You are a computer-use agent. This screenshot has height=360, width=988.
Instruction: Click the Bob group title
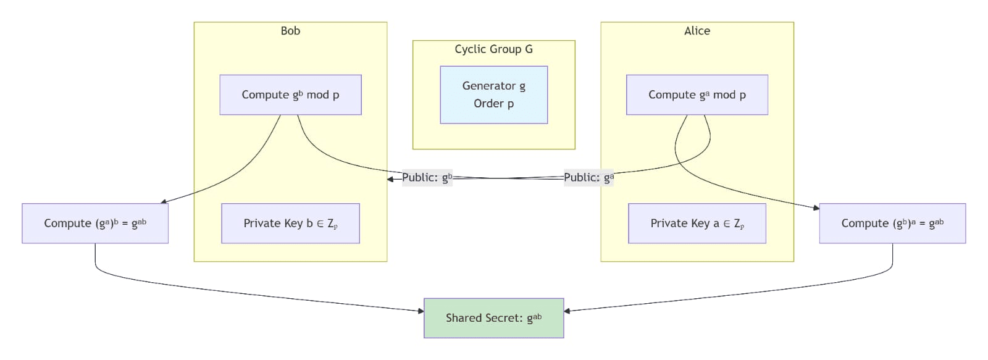pos(290,31)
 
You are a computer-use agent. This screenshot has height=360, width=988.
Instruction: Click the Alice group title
pos(697,31)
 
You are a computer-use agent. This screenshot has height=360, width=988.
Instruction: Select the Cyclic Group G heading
pos(493,49)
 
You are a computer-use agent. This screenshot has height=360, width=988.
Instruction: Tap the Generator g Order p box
pos(493,94)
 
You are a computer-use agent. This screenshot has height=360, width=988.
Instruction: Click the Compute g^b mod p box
pos(290,95)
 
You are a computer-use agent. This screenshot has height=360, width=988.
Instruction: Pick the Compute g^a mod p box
pos(697,95)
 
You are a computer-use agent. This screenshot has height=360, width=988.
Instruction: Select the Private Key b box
pos(290,224)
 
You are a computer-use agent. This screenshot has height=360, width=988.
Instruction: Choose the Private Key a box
pos(697,224)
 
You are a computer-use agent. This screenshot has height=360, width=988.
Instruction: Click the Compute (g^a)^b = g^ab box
pos(95,224)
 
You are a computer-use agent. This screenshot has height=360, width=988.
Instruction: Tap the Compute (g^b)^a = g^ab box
pos(892,224)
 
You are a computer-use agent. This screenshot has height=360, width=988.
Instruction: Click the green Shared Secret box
pos(493,318)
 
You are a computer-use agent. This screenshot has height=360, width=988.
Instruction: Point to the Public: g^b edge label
pos(427,178)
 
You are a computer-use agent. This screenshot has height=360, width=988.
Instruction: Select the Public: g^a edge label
pos(588,178)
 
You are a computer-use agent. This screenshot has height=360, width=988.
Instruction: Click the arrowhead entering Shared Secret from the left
pos(421,311)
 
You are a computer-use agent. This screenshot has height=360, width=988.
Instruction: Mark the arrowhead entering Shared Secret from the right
pos(567,311)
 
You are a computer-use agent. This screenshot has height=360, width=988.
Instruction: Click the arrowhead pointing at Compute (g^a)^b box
pos(164,201)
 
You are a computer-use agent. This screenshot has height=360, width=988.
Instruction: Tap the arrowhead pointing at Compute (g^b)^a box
pos(816,208)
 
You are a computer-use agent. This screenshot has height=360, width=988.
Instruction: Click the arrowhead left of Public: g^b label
pos(390,179)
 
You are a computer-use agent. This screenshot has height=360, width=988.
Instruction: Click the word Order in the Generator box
pos(488,104)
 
